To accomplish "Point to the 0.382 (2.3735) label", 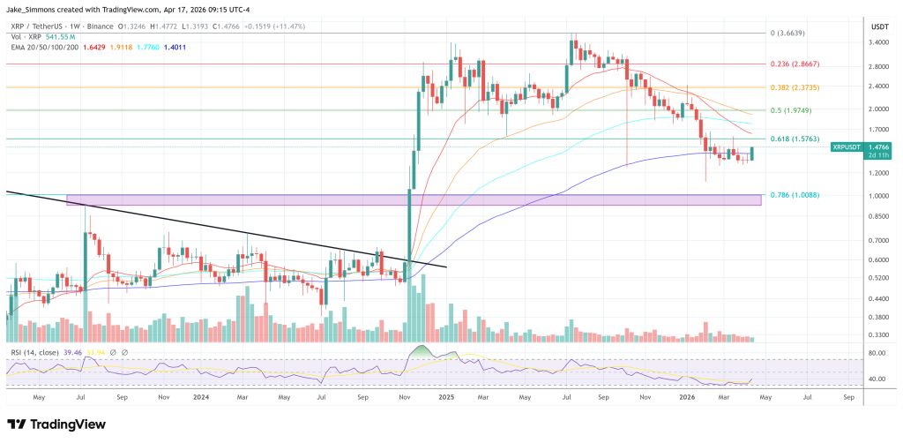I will (795, 87).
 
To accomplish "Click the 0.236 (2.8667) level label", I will (795, 64).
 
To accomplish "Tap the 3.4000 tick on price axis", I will (877, 42).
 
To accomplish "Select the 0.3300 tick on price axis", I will (877, 335).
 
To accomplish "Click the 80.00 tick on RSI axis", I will (876, 354).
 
